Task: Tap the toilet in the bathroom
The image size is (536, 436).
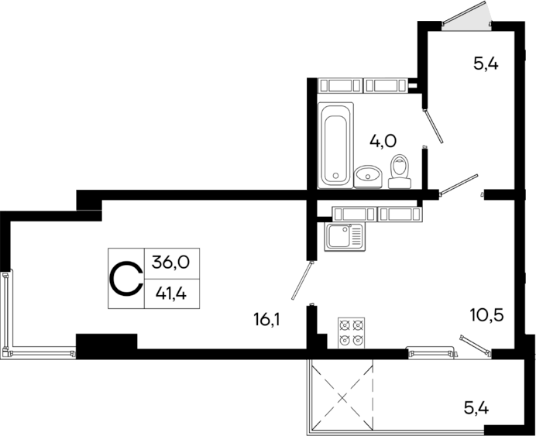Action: pos(400,171)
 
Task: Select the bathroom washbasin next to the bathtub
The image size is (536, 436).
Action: pos(368,177)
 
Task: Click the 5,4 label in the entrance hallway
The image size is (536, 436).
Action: pos(485,63)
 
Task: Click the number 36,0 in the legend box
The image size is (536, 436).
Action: pos(170,262)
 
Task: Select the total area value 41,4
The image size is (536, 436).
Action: pos(170,294)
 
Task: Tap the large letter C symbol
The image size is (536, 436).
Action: pos(126,278)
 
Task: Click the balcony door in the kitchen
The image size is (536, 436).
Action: pos(474,345)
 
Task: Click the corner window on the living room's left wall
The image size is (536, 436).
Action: pos(8,310)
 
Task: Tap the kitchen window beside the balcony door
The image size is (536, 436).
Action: pos(430,352)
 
